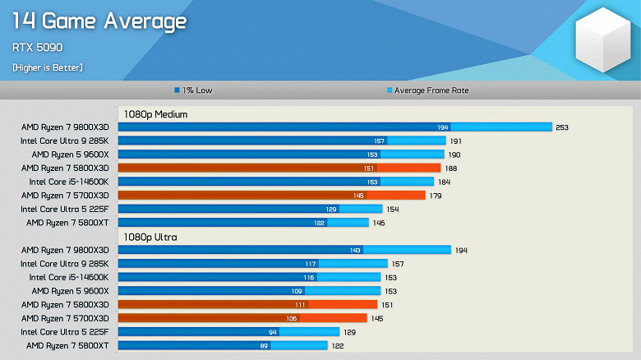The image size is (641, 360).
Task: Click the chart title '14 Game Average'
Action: coord(99,21)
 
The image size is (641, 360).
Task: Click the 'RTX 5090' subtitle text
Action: coord(38,48)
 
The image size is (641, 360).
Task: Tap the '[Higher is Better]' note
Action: coord(47,67)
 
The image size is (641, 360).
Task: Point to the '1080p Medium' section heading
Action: coord(155,114)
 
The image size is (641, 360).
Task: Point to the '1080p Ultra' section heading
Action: coord(150,237)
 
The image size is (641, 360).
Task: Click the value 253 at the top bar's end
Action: coord(562,127)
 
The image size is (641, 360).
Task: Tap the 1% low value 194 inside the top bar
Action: coord(443,127)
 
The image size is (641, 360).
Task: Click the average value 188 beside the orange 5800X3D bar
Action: coord(450,168)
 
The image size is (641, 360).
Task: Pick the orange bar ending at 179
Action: coord(271,195)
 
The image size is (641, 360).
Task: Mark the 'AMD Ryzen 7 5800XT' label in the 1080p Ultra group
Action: coord(67,345)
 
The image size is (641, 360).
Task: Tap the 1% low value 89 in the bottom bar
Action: coord(263,345)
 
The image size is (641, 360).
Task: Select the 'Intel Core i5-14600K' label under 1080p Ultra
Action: coord(69,277)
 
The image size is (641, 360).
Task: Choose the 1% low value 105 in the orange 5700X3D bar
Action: coord(292,318)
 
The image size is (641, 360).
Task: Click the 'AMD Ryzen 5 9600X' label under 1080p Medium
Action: coord(70,155)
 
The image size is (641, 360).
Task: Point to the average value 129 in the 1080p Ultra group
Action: coord(349,331)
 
